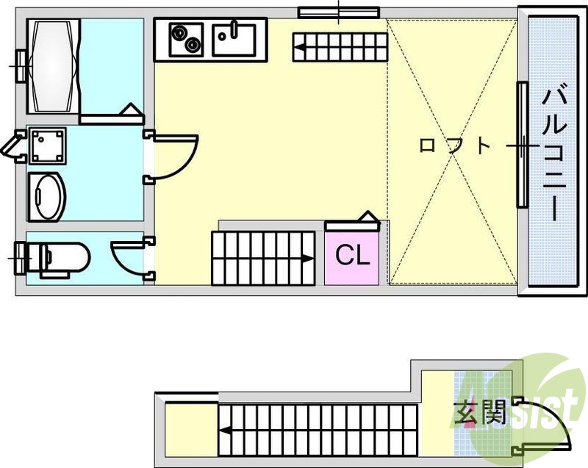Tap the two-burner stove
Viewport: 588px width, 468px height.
point(186,38)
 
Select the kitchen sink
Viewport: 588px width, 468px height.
point(234,37)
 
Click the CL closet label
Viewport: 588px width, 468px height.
point(352,256)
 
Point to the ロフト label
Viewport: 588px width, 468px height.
point(453,145)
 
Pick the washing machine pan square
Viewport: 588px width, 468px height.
point(47,145)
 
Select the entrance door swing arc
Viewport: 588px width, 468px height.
point(548,426)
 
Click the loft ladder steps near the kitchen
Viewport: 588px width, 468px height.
point(338,48)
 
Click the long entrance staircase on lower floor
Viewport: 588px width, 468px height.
point(316,430)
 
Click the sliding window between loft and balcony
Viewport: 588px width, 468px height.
point(522,145)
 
